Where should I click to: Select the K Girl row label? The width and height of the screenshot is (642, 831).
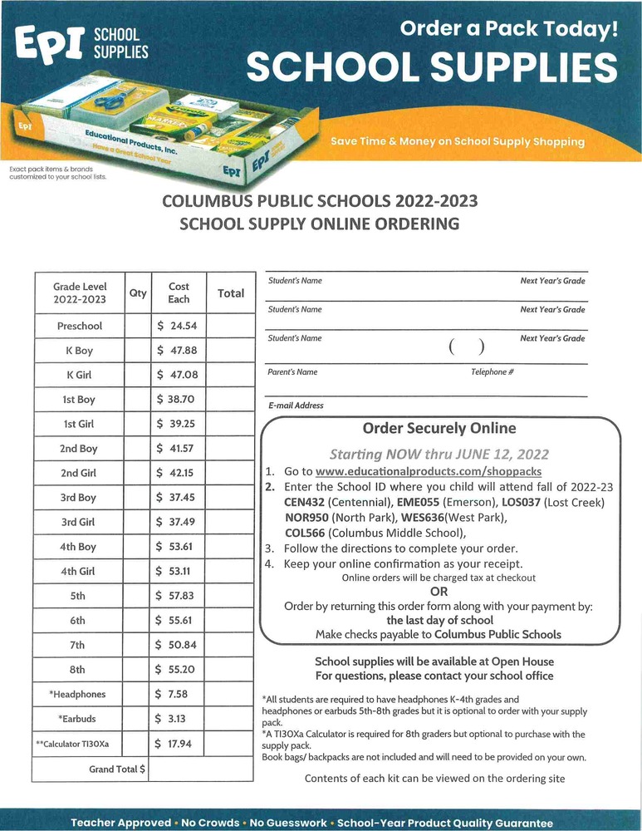[79, 375]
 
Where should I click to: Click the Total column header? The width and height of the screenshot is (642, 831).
[230, 293]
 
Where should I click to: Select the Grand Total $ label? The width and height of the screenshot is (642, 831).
[117, 769]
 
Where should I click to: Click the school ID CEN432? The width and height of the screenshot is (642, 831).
[304, 503]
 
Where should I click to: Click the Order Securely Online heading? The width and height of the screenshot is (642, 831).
[439, 429]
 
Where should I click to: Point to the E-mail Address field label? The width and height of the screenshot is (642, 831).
[296, 406]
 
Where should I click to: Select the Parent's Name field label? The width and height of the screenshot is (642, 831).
[292, 371]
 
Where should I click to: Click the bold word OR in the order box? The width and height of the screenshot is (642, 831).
[439, 591]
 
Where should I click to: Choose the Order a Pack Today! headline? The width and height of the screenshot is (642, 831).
[509, 30]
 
